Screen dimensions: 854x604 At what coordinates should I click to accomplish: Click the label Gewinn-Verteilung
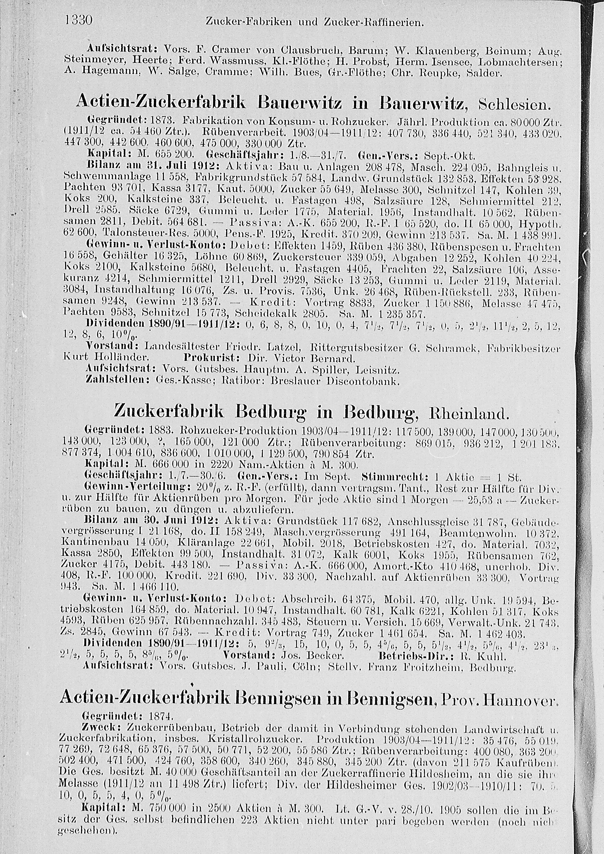click(127, 486)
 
